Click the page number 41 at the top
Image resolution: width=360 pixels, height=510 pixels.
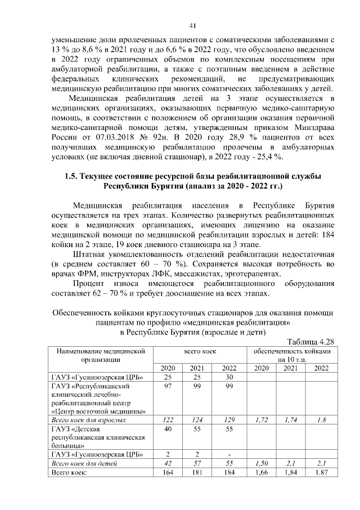(x=192, y=25)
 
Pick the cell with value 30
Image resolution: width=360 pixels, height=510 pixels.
(x=229, y=377)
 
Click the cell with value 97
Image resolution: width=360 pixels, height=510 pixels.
(x=167, y=386)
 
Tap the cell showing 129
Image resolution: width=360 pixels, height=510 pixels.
(x=229, y=420)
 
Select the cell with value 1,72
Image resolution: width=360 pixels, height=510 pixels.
(x=260, y=420)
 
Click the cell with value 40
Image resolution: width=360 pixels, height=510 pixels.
(x=167, y=430)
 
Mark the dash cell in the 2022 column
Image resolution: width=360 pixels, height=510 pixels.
(x=229, y=454)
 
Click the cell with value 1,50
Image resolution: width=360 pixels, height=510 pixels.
(x=260, y=463)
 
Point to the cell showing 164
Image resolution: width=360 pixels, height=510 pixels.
(x=167, y=472)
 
